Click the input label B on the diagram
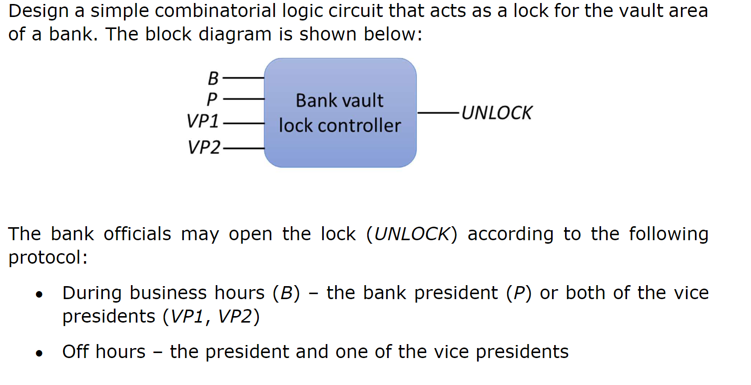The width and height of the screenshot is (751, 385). tap(213, 79)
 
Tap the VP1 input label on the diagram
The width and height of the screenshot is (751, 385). tap(203, 122)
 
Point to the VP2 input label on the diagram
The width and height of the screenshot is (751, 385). tap(203, 147)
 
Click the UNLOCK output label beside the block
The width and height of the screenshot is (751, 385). tap(497, 113)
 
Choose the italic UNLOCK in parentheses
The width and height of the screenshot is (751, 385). tap(412, 234)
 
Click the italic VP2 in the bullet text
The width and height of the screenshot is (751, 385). tap(234, 317)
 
